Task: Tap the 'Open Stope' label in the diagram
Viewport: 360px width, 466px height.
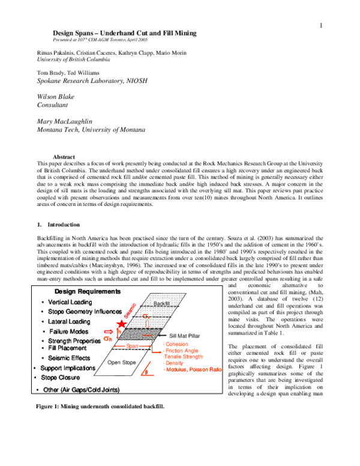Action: pos(122,363)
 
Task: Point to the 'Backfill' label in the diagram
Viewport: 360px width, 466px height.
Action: pos(162,304)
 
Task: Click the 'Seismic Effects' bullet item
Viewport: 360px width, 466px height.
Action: pos(69,358)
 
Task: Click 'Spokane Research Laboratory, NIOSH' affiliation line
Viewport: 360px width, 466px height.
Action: pos(83,80)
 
